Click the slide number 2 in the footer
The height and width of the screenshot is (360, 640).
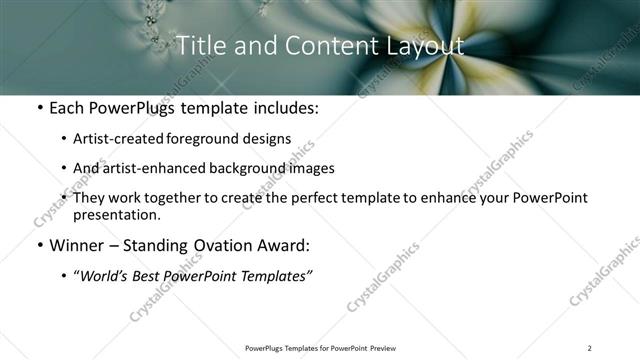click(x=589, y=348)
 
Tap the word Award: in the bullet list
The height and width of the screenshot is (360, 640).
click(x=283, y=245)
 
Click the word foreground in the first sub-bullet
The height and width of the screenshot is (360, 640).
click(x=221, y=139)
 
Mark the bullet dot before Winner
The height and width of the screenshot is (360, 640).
click(x=38, y=245)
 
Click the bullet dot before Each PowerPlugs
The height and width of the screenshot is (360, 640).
click(x=38, y=107)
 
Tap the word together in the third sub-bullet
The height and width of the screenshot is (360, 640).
click(x=202, y=198)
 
